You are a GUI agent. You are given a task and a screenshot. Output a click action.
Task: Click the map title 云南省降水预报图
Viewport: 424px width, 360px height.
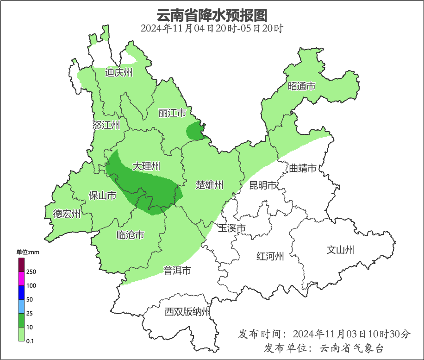click(x=212, y=15)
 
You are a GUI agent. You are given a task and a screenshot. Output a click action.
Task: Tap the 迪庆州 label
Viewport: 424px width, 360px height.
click(x=118, y=72)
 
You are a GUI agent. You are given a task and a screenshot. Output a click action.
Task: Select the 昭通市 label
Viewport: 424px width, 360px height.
click(x=302, y=86)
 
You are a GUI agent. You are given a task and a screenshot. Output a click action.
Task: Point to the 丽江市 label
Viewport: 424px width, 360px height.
click(x=172, y=113)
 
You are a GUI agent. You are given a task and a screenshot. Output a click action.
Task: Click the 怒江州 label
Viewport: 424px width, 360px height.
click(x=106, y=125)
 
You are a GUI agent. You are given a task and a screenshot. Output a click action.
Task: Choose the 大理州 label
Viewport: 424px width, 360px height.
click(x=146, y=166)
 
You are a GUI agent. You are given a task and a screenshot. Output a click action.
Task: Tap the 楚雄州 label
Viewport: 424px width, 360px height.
click(x=210, y=185)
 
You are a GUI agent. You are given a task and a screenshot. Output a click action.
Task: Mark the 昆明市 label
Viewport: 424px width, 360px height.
click(x=263, y=186)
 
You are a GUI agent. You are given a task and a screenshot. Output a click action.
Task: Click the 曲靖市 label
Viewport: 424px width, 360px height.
click(x=303, y=168)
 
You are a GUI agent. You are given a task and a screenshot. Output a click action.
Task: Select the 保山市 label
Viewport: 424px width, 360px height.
click(x=102, y=196)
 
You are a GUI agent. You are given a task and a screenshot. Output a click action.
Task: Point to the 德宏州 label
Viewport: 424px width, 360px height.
click(x=67, y=214)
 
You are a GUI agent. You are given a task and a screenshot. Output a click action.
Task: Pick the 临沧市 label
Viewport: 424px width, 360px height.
click(x=130, y=235)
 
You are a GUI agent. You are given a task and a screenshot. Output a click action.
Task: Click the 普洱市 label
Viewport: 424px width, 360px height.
click(x=177, y=271)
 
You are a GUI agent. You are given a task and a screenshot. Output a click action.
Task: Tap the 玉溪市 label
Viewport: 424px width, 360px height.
click(x=231, y=228)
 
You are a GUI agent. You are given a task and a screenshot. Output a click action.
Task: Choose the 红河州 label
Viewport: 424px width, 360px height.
click(x=270, y=256)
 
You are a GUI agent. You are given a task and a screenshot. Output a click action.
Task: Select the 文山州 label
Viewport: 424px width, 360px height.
click(x=340, y=250)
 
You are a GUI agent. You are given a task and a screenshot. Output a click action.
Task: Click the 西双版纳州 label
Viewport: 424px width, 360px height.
click(x=187, y=312)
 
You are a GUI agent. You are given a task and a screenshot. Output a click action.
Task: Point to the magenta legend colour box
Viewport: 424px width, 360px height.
click(x=21, y=278)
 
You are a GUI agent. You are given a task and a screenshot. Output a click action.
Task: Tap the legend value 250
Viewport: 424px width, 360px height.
click(x=31, y=272)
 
